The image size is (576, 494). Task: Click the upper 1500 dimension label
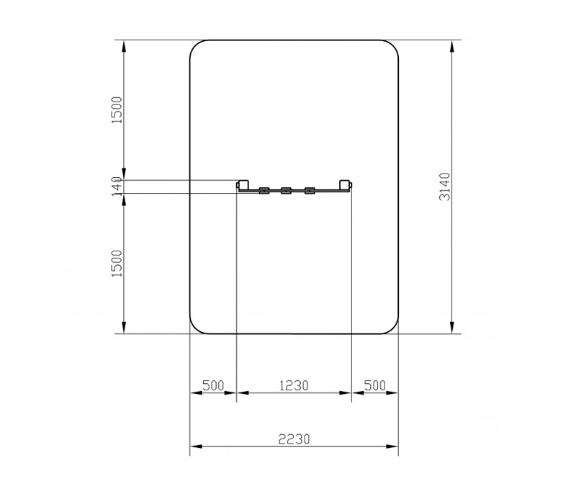[117, 110]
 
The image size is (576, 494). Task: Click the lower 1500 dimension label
[117, 264]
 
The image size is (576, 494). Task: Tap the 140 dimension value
[117, 187]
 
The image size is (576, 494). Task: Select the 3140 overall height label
[444, 187]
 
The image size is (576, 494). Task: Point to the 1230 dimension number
[294, 386]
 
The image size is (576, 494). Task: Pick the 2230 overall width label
[294, 439]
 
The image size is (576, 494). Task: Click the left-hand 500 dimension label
[213, 386]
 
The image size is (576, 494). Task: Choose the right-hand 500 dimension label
[374, 386]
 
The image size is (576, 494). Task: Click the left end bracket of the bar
[243, 185]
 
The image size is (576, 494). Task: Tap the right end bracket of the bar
[346, 185]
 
